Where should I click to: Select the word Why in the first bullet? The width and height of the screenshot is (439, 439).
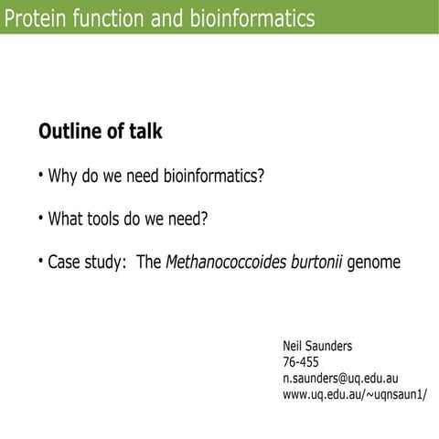62,176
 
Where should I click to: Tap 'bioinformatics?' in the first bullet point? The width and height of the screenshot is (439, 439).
213,176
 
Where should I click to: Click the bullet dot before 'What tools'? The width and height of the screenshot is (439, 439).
41,219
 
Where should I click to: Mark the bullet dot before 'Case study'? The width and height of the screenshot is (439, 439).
41,262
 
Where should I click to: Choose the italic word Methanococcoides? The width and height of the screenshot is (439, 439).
225,263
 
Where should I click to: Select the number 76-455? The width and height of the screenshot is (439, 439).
301,362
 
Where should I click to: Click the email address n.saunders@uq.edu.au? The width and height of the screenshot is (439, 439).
340,379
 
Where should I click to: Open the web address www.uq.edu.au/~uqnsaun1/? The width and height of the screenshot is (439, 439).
355,394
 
